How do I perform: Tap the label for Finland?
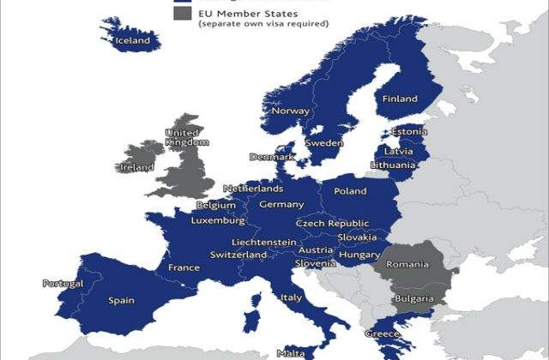(400, 99)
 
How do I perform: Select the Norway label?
(290, 111)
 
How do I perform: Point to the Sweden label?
(324, 142)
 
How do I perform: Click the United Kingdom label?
(183, 138)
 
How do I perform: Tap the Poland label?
(350, 191)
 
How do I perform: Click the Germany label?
(281, 205)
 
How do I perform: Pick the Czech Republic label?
(333, 223)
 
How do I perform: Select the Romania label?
(407, 264)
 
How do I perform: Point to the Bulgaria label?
(413, 299)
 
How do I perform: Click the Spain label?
(120, 300)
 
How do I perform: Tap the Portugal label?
(63, 284)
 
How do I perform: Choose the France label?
(184, 267)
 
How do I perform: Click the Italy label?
(292, 297)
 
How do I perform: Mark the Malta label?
(290, 353)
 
